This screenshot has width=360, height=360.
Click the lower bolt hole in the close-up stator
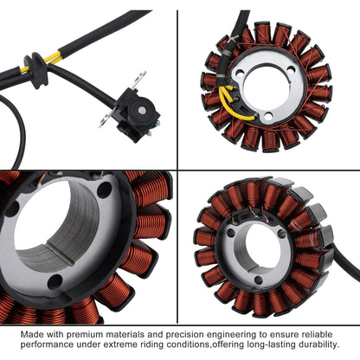(55, 281)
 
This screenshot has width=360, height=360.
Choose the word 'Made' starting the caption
(32, 332)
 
